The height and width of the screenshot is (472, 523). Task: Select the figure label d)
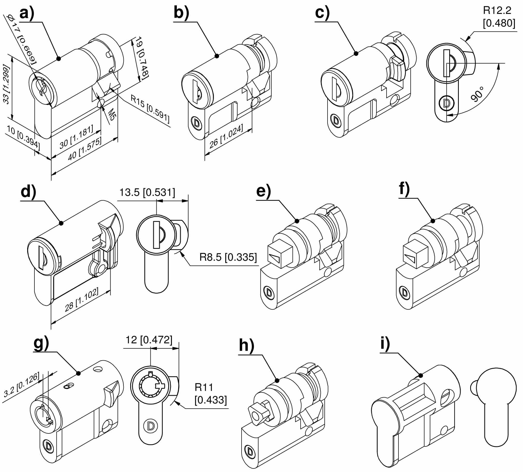28,192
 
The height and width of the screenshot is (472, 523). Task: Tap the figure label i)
385,344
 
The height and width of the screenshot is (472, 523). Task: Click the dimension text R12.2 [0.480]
499,17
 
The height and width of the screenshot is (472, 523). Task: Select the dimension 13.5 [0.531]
147,193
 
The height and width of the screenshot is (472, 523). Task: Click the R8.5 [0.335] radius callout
228,257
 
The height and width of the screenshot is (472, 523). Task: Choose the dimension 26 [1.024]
226,136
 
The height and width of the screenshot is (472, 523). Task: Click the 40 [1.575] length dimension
85,149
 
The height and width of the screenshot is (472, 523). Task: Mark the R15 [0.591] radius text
150,109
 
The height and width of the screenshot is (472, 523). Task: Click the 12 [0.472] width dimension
149,340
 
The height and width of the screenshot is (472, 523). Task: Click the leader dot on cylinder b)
217,56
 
